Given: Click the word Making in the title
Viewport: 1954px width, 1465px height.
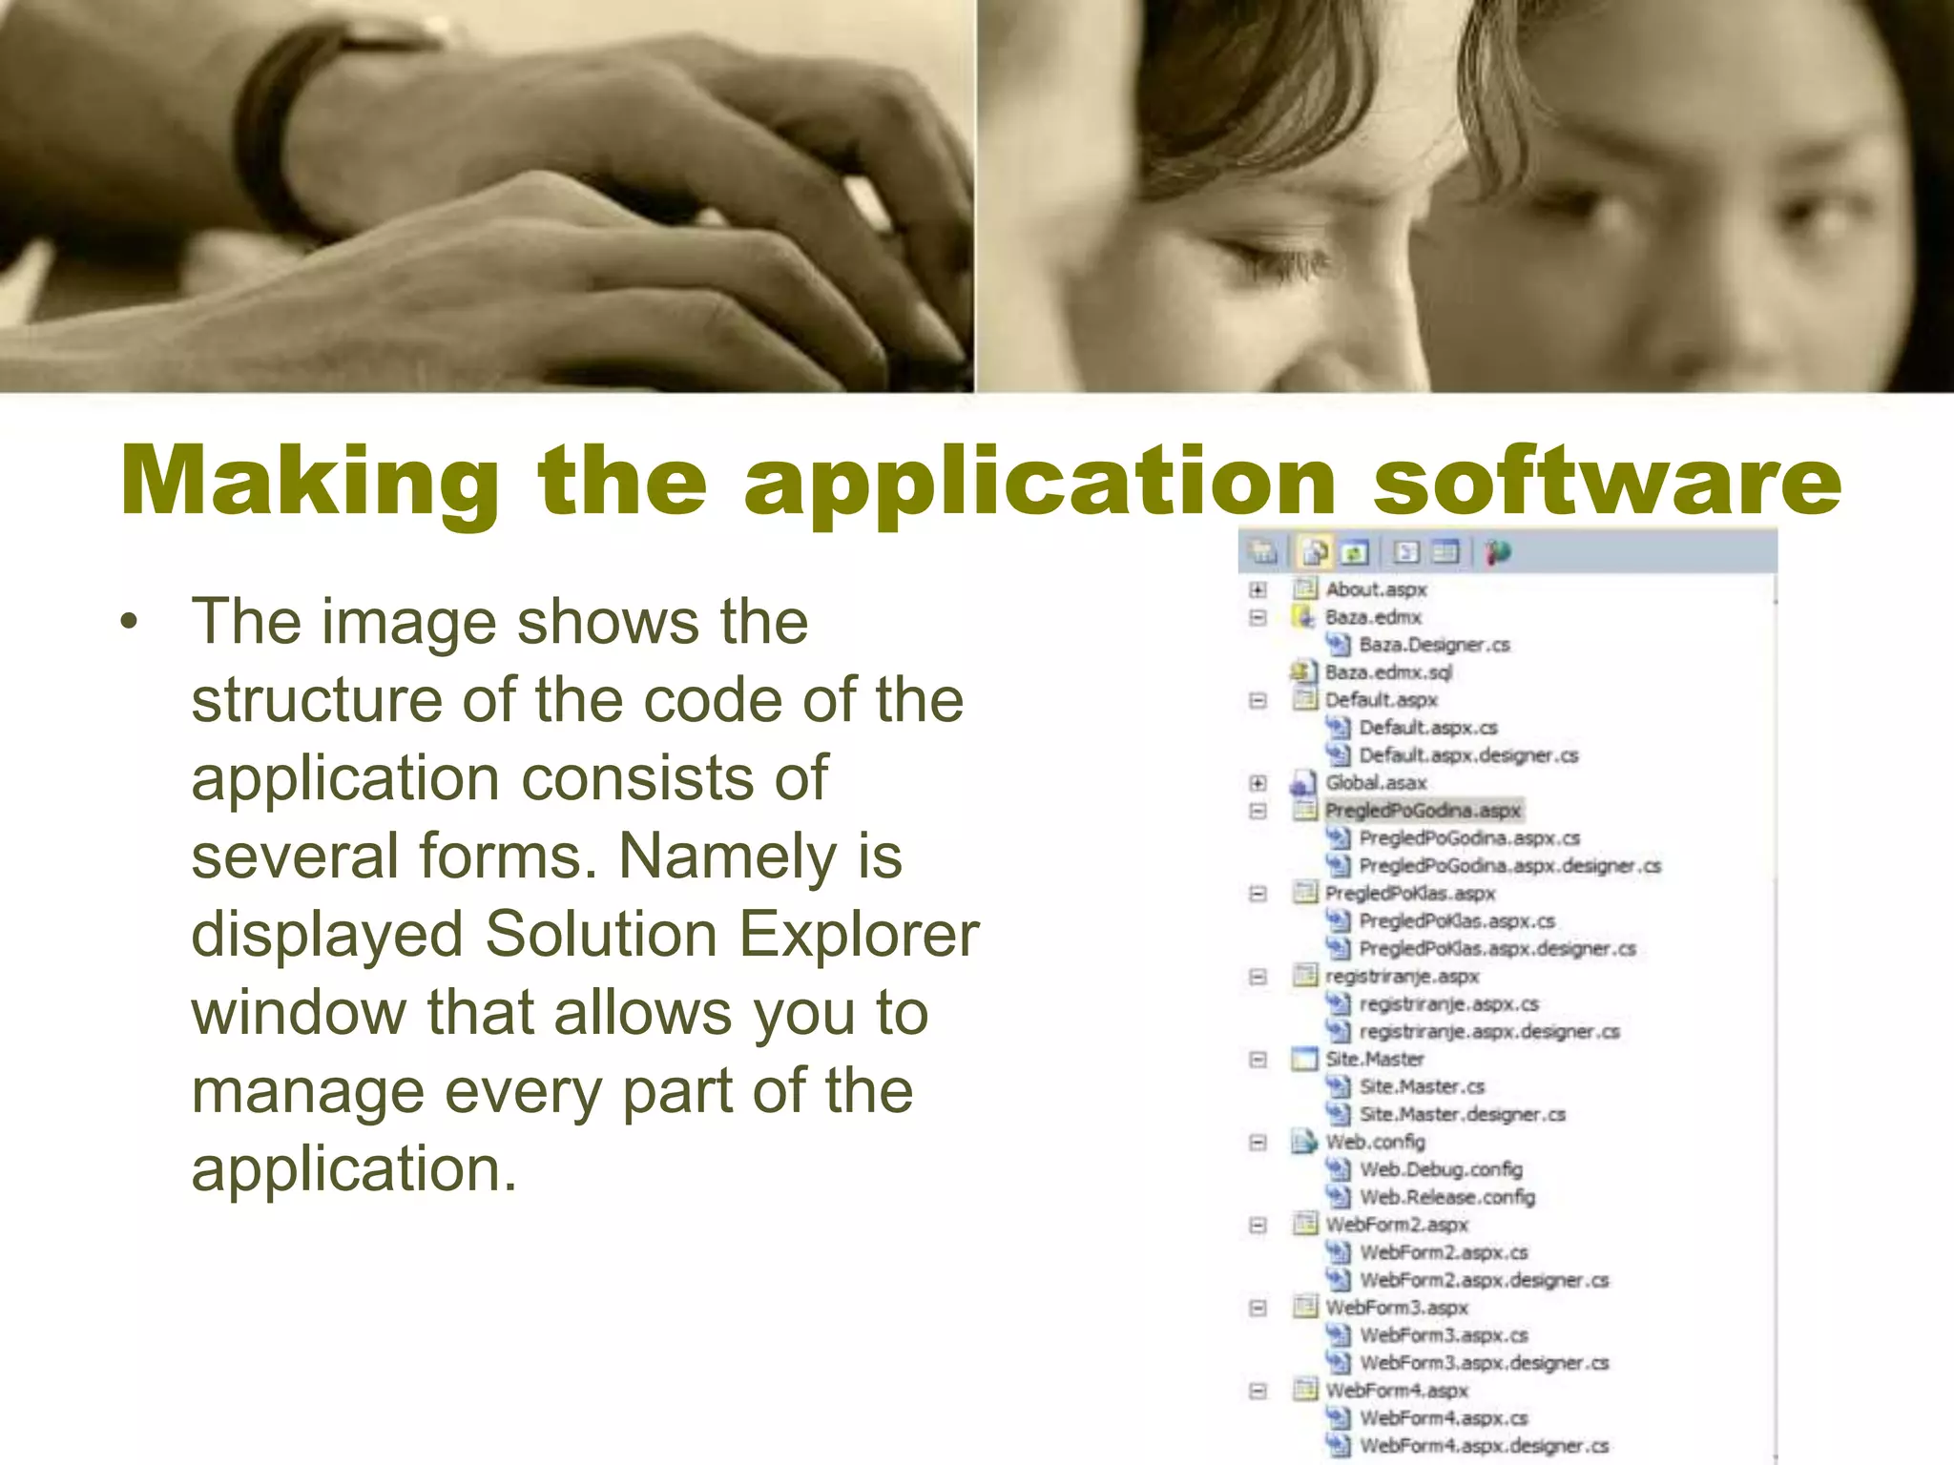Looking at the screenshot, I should point(310,482).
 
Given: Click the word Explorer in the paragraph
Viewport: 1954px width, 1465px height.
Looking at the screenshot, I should point(859,934).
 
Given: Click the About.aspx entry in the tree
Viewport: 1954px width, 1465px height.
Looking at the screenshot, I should point(1375,589).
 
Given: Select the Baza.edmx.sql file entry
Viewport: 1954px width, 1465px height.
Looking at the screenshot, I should point(1387,672).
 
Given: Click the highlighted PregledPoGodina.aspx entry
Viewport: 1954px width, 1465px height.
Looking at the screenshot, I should point(1422,811).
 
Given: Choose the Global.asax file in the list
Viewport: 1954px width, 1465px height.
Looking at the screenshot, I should point(1375,783).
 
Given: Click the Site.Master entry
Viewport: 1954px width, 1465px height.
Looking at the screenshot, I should point(1374,1060).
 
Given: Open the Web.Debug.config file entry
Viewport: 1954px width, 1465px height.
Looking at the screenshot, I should point(1440,1169).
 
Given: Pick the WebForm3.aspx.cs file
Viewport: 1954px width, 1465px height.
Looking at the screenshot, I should point(1443,1335).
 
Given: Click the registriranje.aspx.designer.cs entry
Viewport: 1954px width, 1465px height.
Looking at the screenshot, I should point(1488,1032).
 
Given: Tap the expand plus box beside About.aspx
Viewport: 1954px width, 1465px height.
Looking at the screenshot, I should point(1258,589).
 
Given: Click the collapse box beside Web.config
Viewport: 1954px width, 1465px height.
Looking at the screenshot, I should point(1258,1143).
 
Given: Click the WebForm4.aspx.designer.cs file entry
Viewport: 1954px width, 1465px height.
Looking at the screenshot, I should point(1484,1446).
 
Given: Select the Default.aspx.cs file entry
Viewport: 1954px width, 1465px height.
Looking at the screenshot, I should point(1427,728).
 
